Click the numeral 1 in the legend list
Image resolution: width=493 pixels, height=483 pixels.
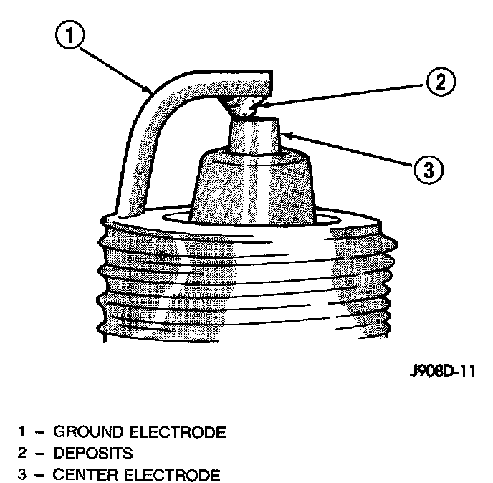click(23, 432)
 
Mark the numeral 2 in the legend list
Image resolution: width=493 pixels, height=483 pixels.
click(23, 454)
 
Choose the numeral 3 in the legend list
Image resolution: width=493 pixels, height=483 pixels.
click(23, 475)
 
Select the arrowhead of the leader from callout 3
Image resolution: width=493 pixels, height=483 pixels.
click(282, 133)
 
